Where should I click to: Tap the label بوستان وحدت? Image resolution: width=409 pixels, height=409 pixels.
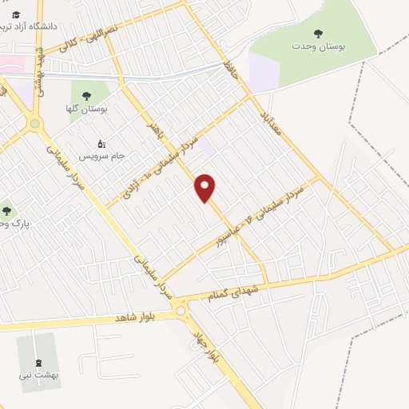tap(318, 48)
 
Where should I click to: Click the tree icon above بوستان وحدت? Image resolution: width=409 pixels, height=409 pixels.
tap(318, 34)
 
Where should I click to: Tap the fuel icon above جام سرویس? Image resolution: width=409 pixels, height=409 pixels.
tap(101, 144)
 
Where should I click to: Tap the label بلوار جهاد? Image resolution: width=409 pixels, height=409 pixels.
tap(202, 344)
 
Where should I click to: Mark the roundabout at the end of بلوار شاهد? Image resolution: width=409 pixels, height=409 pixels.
tap(181, 310)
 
